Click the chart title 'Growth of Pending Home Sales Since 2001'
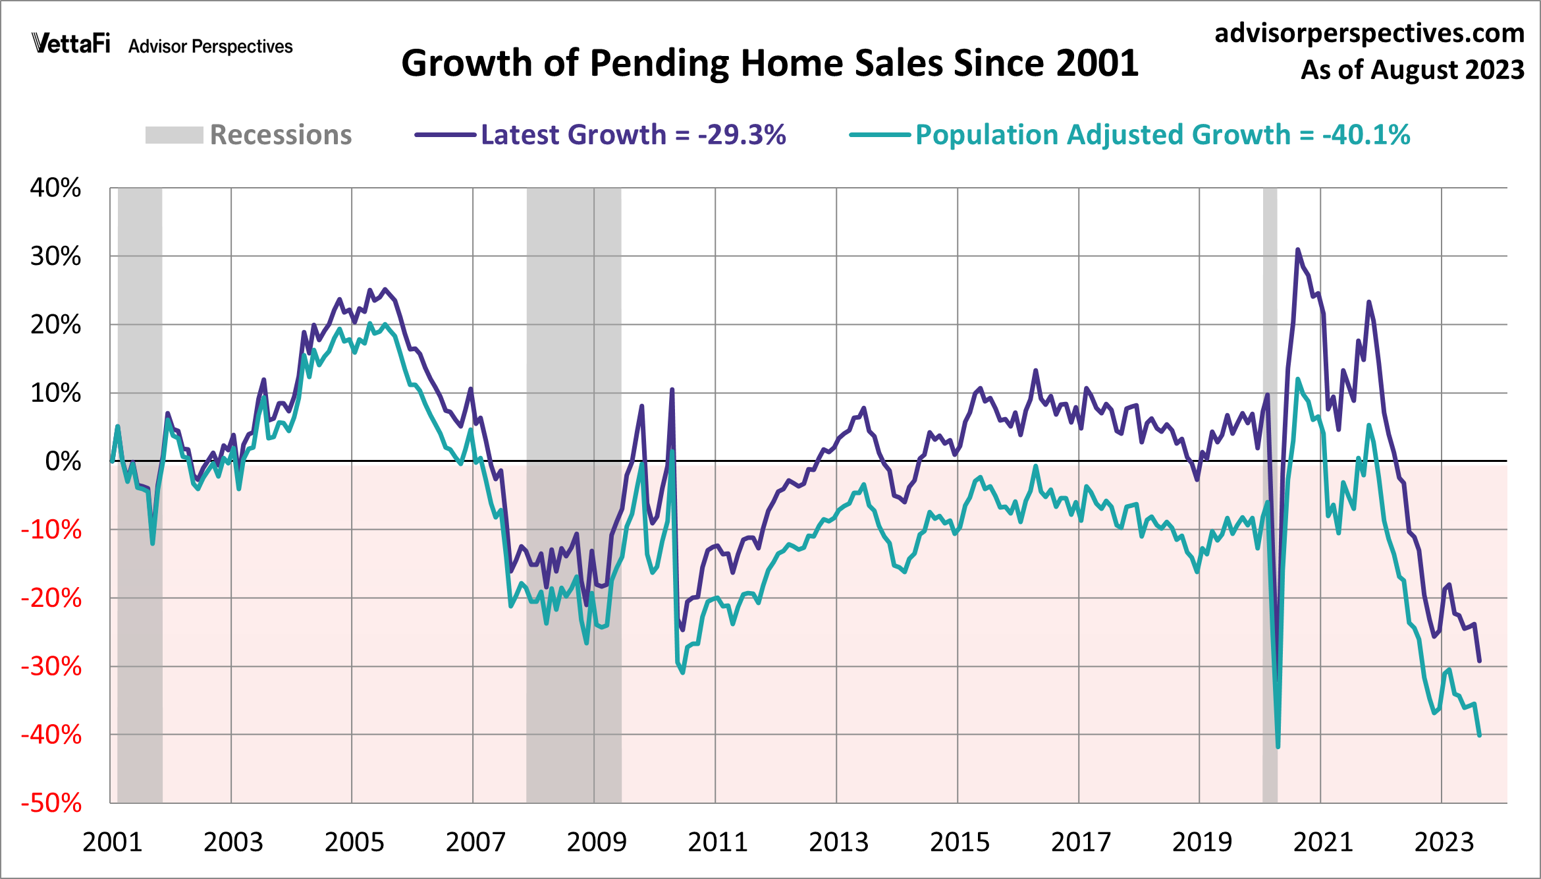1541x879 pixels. (x=770, y=63)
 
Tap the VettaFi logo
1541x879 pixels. (x=71, y=44)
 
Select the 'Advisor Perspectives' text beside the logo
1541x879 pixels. (x=210, y=47)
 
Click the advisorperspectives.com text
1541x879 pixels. (x=1369, y=33)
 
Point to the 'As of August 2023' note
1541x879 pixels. (x=1412, y=70)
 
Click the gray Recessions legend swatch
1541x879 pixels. (x=174, y=135)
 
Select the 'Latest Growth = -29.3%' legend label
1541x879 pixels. (x=633, y=135)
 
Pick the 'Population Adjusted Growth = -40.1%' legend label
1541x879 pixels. (x=1162, y=135)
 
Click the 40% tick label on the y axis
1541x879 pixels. (x=56, y=188)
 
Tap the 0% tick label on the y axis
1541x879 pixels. (x=63, y=461)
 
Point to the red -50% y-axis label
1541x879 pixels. (x=51, y=803)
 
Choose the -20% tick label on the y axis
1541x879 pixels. (x=51, y=598)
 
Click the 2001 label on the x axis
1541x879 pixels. (x=112, y=842)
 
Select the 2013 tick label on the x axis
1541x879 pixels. (x=838, y=842)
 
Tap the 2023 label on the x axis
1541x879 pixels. (x=1444, y=842)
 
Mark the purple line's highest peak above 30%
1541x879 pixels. (x=1297, y=250)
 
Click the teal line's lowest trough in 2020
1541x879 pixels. (x=1278, y=747)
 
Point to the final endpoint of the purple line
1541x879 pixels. (x=1479, y=660)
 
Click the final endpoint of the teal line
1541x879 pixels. (x=1479, y=735)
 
